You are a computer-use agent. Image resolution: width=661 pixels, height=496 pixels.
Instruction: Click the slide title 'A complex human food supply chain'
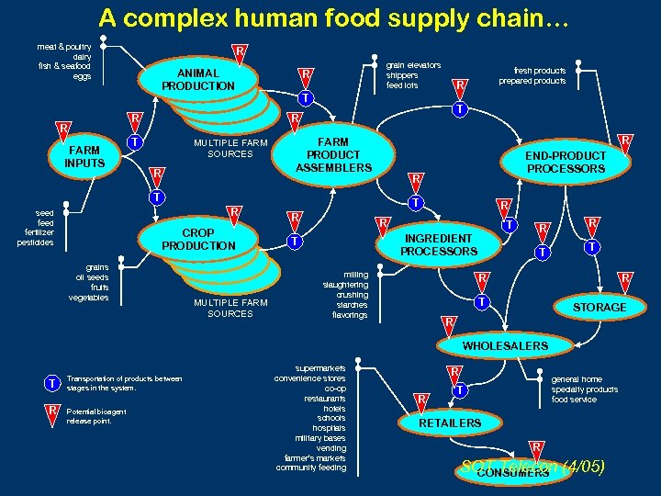334,17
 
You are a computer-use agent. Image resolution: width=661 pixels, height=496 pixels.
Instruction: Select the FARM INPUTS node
84,157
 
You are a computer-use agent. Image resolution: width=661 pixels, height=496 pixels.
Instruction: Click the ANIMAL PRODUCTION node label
198,79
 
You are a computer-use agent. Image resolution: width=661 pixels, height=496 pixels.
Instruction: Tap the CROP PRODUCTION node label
198,239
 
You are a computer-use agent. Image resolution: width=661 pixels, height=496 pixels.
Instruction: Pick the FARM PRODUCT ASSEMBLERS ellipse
333,155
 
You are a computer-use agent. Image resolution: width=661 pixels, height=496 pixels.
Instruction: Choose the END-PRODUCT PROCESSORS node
566,162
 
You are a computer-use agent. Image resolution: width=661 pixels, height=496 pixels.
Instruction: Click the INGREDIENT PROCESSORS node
439,244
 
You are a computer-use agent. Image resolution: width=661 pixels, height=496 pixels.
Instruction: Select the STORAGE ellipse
599,307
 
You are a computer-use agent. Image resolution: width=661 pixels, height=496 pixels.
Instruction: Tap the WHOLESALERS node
505,345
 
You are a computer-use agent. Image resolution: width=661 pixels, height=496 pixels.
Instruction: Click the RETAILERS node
450,423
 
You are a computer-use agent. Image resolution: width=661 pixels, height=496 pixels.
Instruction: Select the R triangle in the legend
53,410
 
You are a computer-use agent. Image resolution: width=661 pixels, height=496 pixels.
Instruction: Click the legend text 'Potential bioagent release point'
96,416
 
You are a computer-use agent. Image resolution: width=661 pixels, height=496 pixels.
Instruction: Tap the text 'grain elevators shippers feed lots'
413,75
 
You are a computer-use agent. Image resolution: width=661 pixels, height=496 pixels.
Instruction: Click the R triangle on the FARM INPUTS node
62,128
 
